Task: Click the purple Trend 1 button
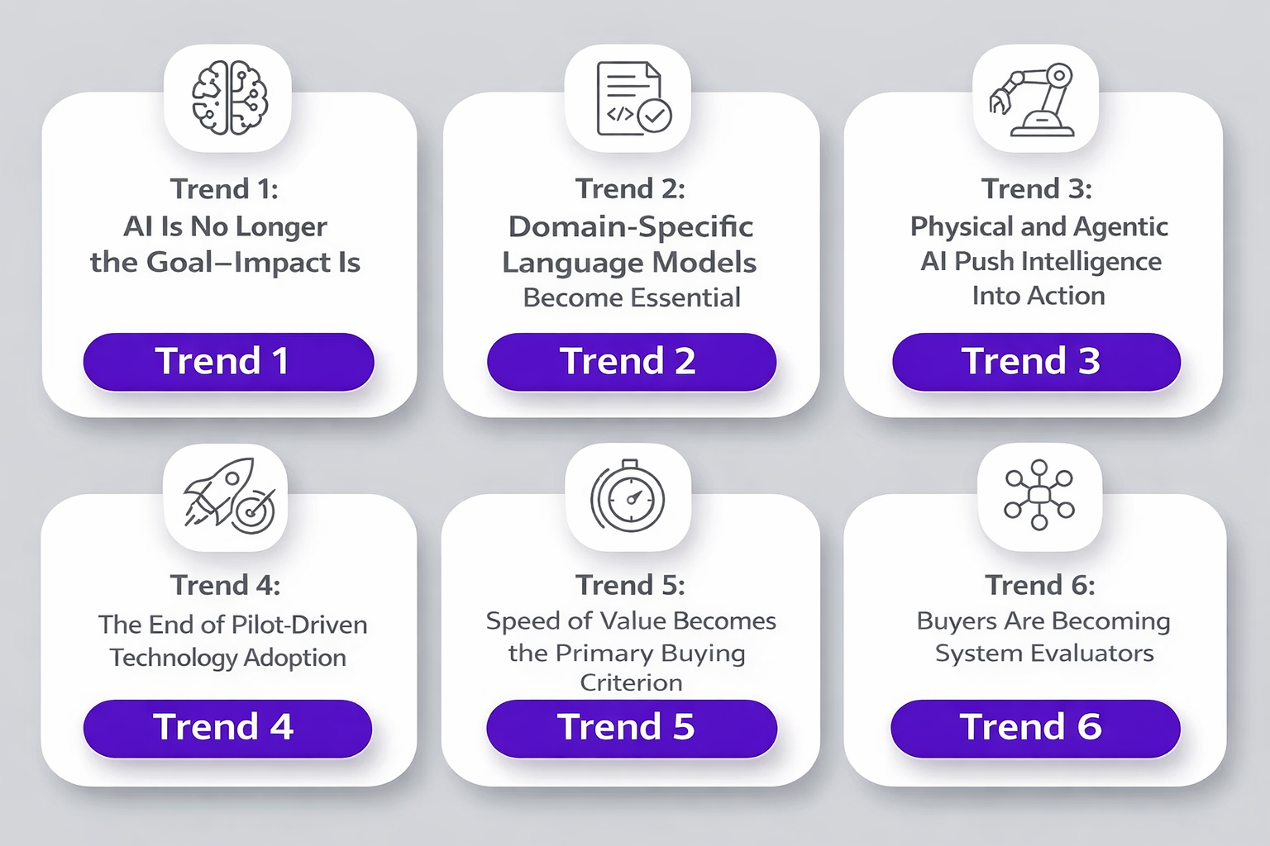point(228,362)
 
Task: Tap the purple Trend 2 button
point(631,362)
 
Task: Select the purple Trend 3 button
point(1036,362)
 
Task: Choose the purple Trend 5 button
point(631,728)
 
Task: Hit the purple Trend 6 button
point(1035,728)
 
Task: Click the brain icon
point(229,97)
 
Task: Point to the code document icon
point(634,98)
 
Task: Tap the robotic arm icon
point(1031,100)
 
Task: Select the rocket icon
point(229,495)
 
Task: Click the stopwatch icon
point(628,496)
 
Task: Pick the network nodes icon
point(1038,495)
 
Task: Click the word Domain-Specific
point(631,227)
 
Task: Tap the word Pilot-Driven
point(300,625)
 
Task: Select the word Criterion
point(631,682)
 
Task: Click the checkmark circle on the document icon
point(655,116)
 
